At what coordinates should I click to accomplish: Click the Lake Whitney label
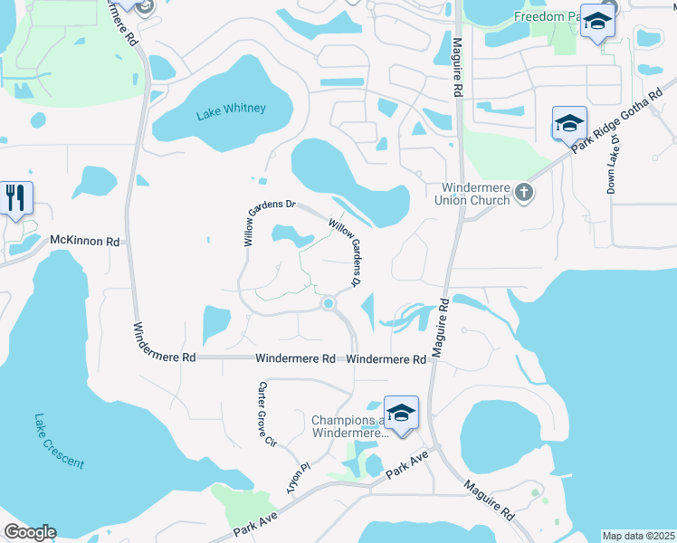pyautogui.click(x=232, y=109)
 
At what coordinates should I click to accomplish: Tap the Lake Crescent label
pyautogui.click(x=59, y=442)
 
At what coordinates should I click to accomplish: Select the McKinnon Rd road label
pyautogui.click(x=85, y=242)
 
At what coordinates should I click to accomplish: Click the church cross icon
pyautogui.click(x=523, y=193)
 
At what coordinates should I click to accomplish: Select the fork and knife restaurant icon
pyautogui.click(x=15, y=198)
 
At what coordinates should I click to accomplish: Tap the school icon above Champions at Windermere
pyautogui.click(x=401, y=413)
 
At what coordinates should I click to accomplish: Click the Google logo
pyautogui.click(x=30, y=532)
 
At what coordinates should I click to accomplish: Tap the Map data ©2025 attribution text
pyautogui.click(x=638, y=536)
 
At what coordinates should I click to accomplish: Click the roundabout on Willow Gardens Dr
pyautogui.click(x=329, y=304)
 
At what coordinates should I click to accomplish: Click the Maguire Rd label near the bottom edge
pyautogui.click(x=489, y=500)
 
